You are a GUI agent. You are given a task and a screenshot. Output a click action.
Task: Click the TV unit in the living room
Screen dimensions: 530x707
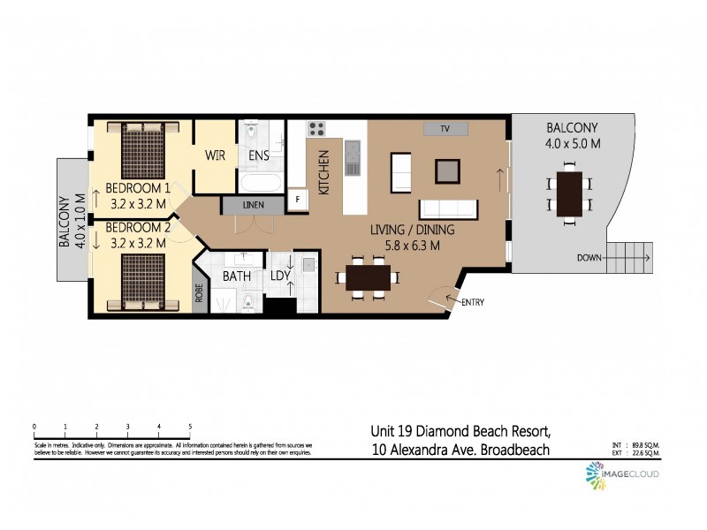pos(445,129)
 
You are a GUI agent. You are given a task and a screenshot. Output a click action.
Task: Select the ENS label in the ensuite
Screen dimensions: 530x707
pos(259,155)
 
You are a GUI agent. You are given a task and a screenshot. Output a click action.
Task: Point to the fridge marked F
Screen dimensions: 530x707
pos(297,200)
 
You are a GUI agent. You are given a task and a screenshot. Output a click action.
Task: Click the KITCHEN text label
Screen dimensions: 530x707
pos(323,172)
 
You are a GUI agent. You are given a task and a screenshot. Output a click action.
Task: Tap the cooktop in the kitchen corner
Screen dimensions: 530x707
pos(316,129)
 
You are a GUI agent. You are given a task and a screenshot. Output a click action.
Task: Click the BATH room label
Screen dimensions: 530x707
pos(237,276)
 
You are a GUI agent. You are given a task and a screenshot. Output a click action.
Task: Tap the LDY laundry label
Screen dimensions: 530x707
pos(281,276)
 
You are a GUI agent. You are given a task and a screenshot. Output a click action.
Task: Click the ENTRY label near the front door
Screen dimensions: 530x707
pos(472,303)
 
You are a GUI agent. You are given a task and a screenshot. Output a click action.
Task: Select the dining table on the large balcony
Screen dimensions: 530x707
pos(570,194)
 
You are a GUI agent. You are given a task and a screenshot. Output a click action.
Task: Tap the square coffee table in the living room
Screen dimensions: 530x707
pos(448,169)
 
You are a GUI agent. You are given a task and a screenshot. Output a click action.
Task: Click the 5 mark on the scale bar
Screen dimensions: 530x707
pos(190,427)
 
